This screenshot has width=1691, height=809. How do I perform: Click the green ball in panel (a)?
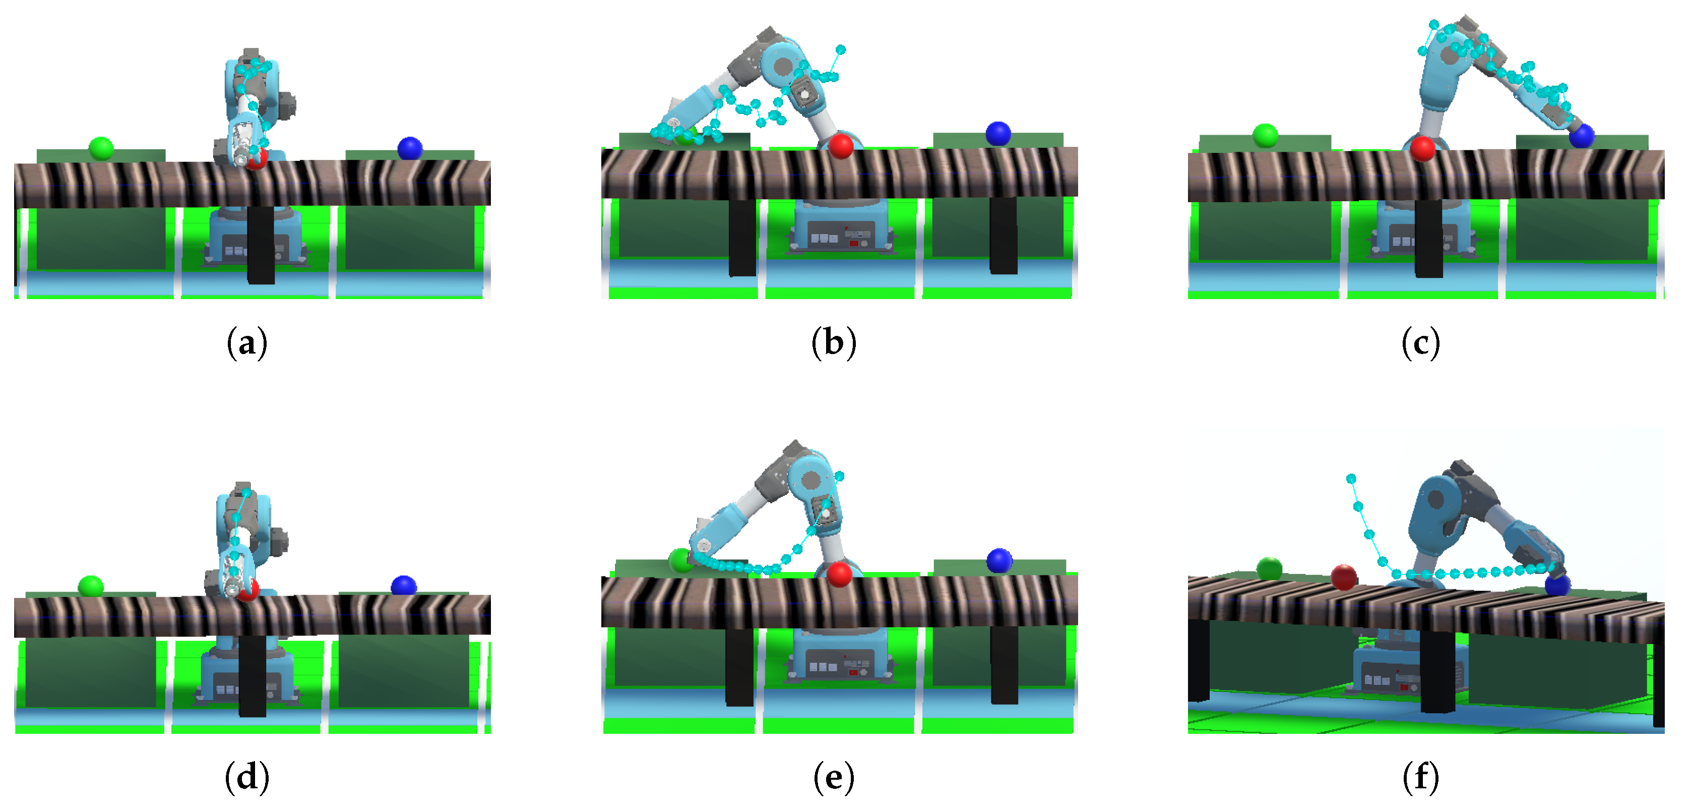pos(101,148)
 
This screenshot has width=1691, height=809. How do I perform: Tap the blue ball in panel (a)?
pos(410,148)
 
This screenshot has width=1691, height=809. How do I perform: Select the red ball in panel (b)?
pos(841,146)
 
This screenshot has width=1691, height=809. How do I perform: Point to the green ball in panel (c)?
pos(1265,135)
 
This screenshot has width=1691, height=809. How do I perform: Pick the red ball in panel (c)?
pos(1422,148)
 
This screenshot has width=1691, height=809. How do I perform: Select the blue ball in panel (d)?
pos(403,586)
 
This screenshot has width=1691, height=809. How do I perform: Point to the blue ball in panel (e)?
pos(999,560)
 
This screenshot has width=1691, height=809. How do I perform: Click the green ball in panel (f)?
pos(1269,568)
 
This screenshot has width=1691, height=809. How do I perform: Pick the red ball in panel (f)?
pos(1344,577)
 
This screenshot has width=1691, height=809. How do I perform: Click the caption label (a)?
pos(247,343)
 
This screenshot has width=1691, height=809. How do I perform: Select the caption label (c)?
pos(1420,343)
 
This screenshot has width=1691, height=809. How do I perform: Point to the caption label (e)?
pos(834,778)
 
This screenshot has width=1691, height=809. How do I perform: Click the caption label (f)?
pos(1420,778)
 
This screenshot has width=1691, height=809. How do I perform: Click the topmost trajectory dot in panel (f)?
pos(1351,479)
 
